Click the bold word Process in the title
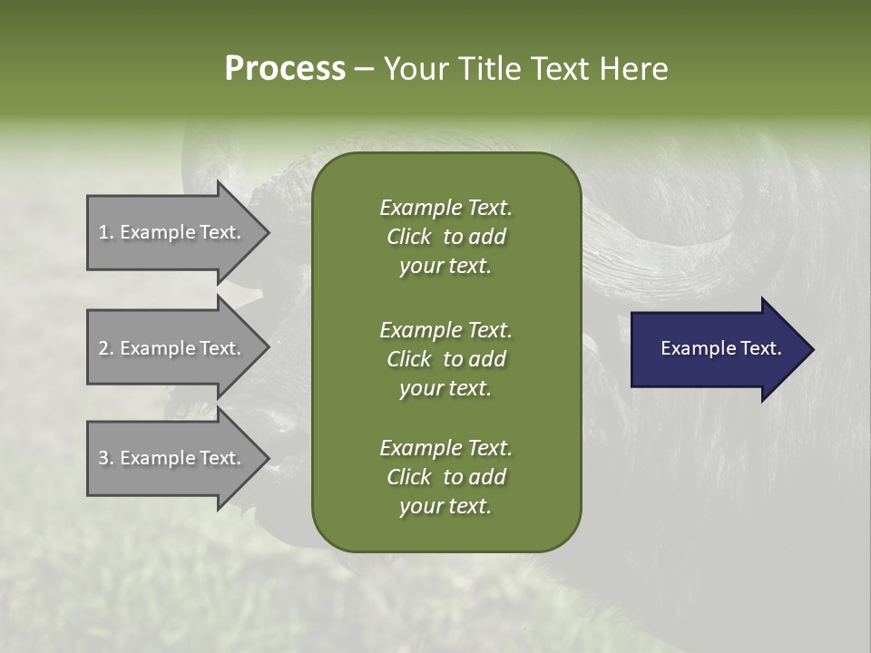click(285, 68)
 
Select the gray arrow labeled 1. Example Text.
click(172, 232)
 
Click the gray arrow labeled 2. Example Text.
click(172, 348)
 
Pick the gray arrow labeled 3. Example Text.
click(172, 458)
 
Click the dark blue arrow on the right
click(717, 348)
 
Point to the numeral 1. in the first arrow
click(106, 232)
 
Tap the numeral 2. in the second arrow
click(106, 348)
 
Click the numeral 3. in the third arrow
click(106, 458)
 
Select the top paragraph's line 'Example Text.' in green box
click(445, 208)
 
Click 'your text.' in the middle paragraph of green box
click(445, 388)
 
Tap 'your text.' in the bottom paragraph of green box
click(445, 507)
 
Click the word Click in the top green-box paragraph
click(409, 237)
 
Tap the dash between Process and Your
click(365, 69)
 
